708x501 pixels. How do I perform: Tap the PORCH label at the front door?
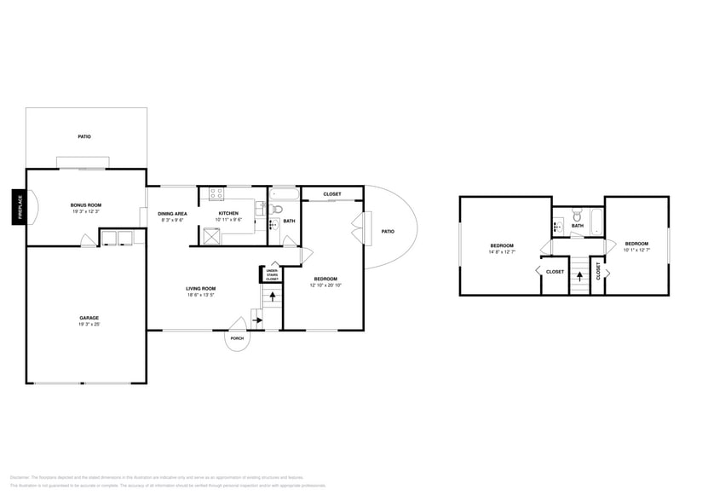point(237,338)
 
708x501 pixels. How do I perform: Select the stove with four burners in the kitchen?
point(216,193)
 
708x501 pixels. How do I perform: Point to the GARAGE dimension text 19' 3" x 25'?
point(84,325)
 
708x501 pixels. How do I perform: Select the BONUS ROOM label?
point(85,204)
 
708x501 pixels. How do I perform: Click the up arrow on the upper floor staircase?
point(579,276)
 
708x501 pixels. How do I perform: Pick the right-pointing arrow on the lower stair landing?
point(257,321)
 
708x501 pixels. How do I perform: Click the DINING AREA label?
point(172,213)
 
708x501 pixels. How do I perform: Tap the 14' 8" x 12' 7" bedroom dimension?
point(501,251)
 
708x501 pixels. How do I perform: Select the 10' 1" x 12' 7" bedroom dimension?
point(636,250)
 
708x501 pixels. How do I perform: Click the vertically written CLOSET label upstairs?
point(598,271)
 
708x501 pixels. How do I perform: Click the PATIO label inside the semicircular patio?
point(388,231)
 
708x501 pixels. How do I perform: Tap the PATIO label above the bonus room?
point(84,136)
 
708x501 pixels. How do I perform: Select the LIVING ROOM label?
point(200,288)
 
